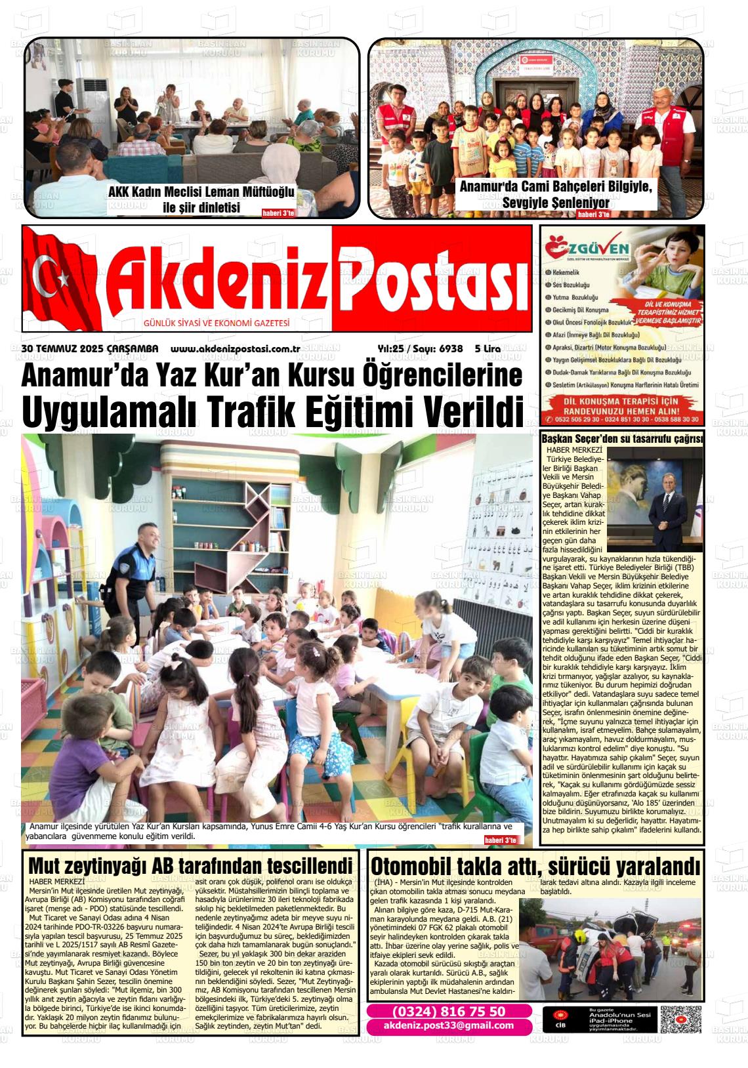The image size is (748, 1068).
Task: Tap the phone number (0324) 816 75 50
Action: coord(449,1011)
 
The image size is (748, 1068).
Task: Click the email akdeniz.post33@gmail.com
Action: coord(449,1026)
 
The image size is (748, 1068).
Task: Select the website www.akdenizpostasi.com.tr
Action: coord(235,350)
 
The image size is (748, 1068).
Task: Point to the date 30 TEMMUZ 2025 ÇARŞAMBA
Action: coord(90,350)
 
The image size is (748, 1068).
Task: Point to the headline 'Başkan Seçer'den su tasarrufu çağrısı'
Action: coord(621,439)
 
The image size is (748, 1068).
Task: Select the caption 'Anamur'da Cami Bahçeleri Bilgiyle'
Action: coord(556,186)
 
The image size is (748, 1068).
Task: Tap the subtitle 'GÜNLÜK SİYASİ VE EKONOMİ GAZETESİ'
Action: coord(217,323)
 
